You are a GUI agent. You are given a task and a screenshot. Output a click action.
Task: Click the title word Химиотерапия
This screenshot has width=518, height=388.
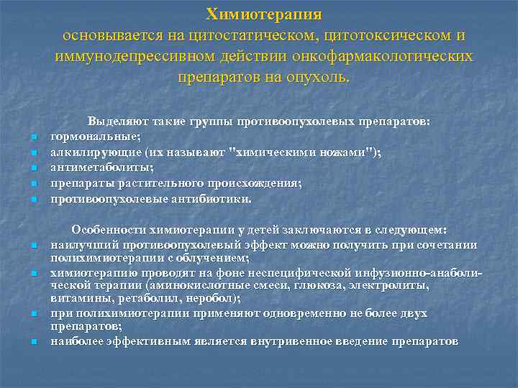pyautogui.click(x=263, y=14)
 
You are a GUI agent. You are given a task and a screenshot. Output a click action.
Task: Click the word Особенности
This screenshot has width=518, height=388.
pyautogui.click(x=108, y=230)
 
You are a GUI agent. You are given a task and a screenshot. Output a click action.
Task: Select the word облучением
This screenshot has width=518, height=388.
pyautogui.click(x=216, y=257)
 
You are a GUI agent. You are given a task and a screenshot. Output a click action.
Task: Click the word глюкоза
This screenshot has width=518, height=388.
pyautogui.click(x=278, y=285)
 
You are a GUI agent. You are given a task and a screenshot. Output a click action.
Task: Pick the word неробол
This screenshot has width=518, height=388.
pyautogui.click(x=213, y=297)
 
